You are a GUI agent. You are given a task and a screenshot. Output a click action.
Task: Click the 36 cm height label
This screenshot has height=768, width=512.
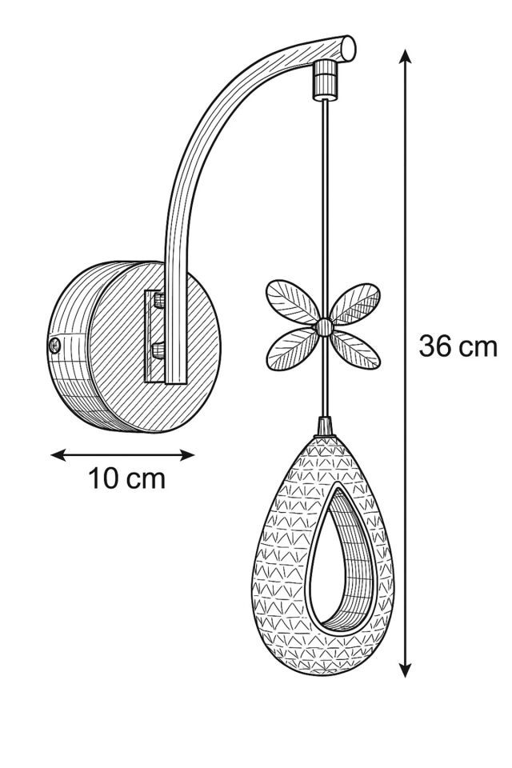click(x=458, y=346)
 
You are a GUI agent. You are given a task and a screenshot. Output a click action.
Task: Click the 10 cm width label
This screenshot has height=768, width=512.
click(x=126, y=478)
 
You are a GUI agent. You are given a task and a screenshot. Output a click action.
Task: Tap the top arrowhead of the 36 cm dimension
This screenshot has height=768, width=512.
click(x=405, y=56)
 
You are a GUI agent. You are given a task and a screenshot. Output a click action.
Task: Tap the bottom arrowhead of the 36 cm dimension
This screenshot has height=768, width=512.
click(x=405, y=670)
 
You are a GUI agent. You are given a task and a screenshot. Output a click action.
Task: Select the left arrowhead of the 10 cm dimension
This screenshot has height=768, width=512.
click(x=58, y=455)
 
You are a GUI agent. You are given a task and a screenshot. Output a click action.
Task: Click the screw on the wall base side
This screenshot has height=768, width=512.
click(x=55, y=346)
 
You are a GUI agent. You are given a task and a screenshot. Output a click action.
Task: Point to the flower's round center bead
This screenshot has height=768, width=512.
click(x=323, y=327)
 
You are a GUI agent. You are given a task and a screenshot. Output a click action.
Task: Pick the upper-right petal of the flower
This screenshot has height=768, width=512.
click(x=354, y=304)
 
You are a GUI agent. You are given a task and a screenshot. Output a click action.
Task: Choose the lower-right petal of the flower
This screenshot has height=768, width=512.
click(x=355, y=350)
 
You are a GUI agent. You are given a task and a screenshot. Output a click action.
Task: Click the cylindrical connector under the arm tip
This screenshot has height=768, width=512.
click(x=326, y=79)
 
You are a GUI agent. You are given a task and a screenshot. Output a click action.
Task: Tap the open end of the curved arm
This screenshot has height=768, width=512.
click(x=348, y=48)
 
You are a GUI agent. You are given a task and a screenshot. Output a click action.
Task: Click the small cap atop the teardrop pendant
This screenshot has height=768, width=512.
click(x=324, y=426)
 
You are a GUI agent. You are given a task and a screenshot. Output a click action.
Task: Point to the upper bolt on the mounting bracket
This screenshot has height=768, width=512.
click(x=158, y=300)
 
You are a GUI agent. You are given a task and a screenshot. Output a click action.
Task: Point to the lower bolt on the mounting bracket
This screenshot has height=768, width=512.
click(x=158, y=350)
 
